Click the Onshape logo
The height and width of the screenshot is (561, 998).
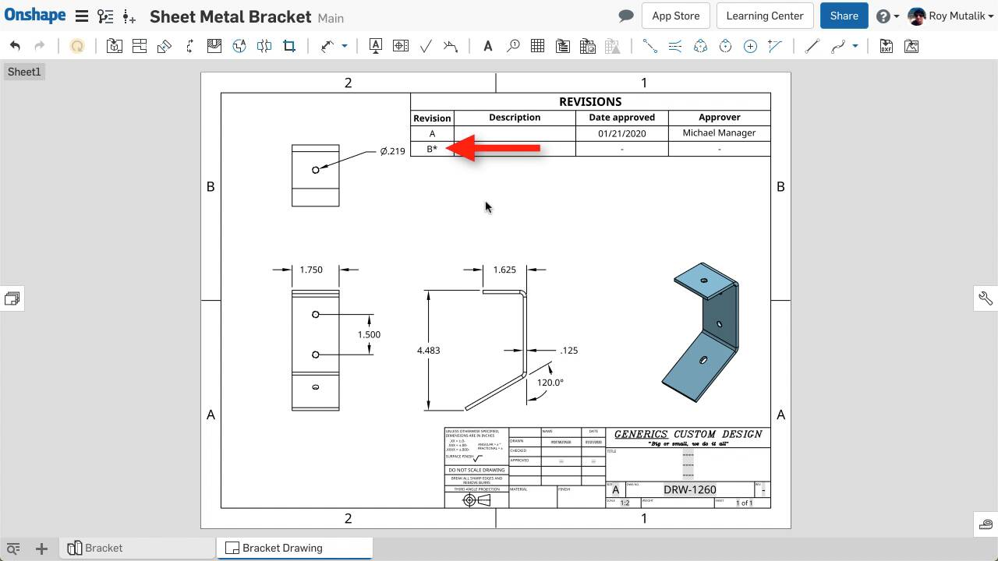point(35,16)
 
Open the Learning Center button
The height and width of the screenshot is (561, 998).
point(764,16)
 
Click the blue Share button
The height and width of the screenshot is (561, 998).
point(844,16)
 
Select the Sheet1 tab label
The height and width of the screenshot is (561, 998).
point(23,72)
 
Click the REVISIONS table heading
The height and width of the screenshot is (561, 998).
point(589,101)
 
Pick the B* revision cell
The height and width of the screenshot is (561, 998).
point(432,149)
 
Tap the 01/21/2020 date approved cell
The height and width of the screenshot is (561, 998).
point(621,133)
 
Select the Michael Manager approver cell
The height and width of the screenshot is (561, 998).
point(719,133)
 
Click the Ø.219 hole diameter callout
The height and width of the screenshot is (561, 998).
point(392,151)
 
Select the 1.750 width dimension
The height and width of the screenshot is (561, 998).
point(310,270)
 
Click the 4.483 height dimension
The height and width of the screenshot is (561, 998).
point(428,351)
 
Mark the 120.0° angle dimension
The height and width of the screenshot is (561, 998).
point(550,383)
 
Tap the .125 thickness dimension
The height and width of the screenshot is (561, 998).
point(569,351)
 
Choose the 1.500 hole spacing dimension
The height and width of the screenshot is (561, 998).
point(369,335)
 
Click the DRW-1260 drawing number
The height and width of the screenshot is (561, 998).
point(689,489)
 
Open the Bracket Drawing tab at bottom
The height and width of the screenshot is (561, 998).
point(281,548)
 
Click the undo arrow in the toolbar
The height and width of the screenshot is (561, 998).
point(16,47)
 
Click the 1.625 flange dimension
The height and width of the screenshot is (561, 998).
point(504,270)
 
